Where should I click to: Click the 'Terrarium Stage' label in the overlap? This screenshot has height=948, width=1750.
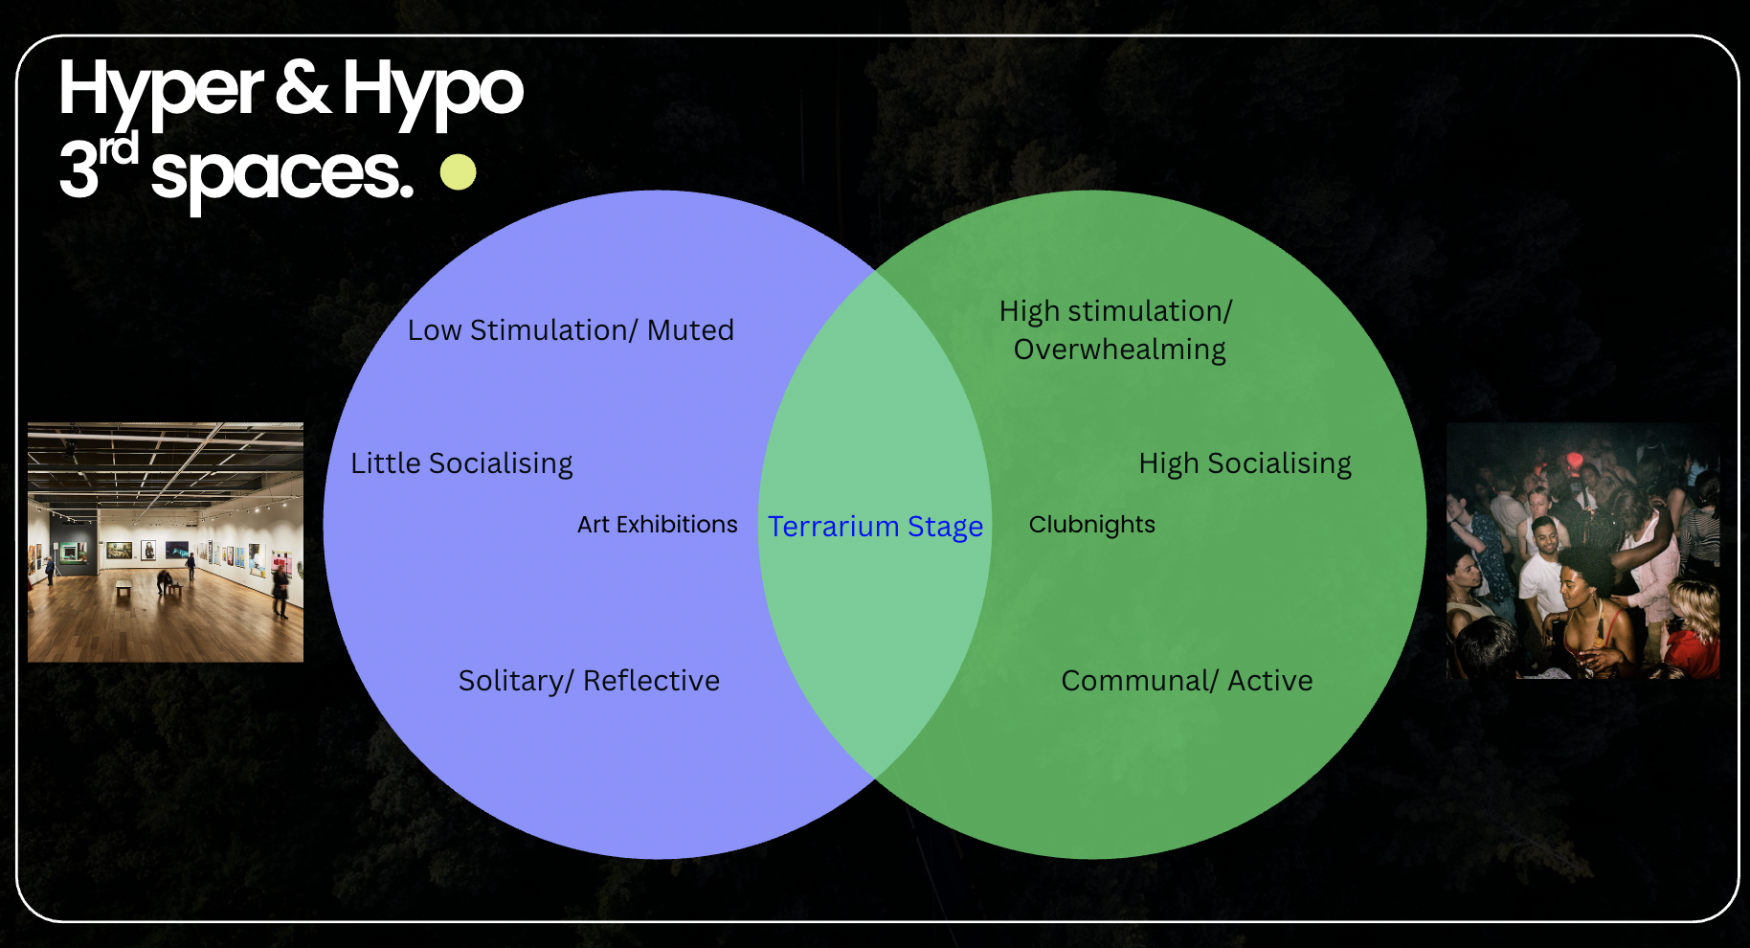875,527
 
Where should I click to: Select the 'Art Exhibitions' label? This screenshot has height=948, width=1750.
657,525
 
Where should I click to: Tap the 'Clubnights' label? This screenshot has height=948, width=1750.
1091,525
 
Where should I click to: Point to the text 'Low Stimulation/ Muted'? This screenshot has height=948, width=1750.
571,330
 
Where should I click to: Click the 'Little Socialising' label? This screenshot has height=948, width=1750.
461,463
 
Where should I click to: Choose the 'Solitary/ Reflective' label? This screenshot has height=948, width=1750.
589,681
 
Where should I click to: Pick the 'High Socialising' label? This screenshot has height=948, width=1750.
1245,463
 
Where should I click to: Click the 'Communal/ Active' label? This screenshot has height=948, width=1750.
1186,681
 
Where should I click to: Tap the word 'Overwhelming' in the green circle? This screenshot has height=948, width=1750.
1119,350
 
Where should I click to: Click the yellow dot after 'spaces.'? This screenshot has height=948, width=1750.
459,172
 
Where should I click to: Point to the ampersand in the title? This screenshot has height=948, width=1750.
303,88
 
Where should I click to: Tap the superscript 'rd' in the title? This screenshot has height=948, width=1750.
119,149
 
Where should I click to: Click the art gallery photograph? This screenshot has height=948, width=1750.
166,542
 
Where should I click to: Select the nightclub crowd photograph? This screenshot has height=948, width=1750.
1582,552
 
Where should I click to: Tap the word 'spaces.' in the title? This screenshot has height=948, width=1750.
282,174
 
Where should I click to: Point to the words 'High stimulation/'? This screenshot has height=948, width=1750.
1115,311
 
